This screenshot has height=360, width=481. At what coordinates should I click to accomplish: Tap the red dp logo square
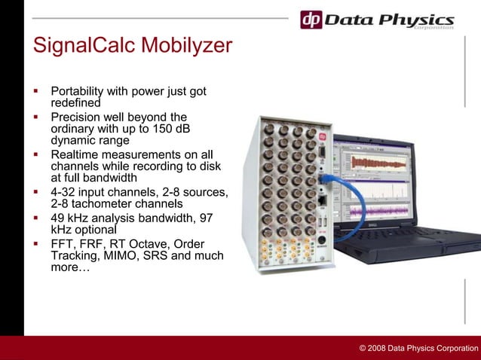pos(311,20)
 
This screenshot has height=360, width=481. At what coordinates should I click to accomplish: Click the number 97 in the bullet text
pos(204,218)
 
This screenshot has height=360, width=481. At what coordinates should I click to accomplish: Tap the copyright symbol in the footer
pos(363,348)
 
